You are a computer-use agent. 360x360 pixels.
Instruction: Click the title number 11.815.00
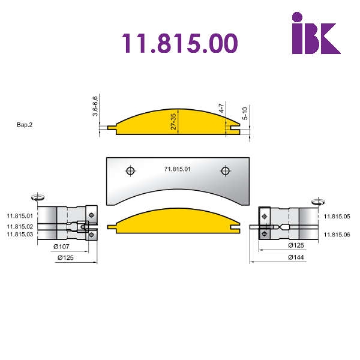tap(179, 43)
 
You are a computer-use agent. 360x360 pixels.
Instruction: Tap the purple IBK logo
tap(316, 33)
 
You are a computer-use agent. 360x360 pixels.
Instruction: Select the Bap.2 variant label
tap(25, 125)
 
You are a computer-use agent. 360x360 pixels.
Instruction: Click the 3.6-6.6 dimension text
tap(95, 106)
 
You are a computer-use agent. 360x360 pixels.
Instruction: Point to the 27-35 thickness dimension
tap(173, 121)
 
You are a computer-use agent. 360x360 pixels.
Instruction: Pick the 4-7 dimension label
tap(221, 108)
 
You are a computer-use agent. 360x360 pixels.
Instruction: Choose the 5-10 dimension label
tap(245, 113)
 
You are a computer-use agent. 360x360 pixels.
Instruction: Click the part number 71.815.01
tap(177, 169)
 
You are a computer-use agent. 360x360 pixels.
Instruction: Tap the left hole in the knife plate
tap(130, 171)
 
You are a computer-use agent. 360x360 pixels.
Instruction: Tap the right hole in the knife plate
tap(225, 171)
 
